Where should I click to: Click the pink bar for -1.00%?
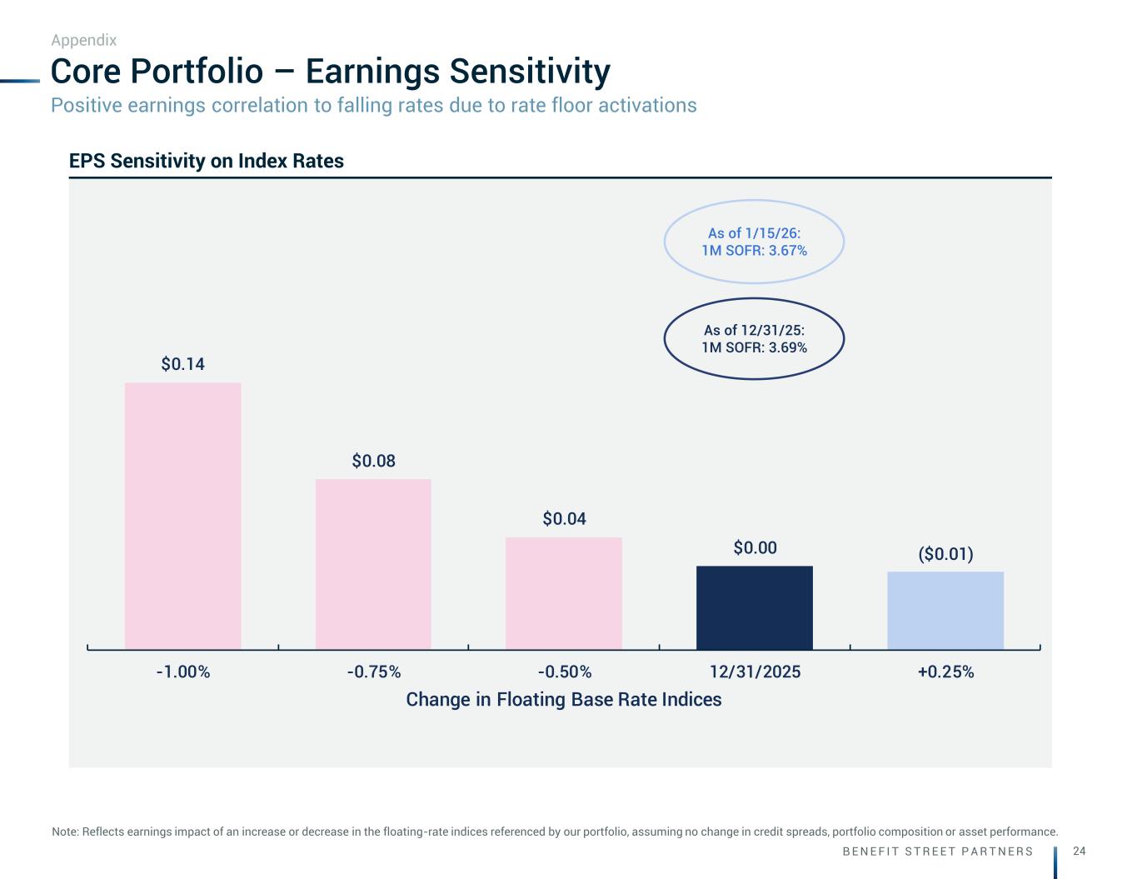coord(182,516)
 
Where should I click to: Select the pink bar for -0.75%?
coord(373,564)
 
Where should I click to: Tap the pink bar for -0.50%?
coord(564,593)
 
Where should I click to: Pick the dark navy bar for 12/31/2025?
coord(755,607)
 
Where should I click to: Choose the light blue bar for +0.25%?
coord(945,610)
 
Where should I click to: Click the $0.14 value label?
coord(182,364)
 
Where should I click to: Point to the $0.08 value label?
coord(373,461)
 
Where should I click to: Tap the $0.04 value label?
coord(564,519)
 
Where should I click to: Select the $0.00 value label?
coord(755,547)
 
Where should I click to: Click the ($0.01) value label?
coord(945,554)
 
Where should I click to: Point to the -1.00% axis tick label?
coord(182,672)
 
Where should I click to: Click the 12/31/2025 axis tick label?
coord(755,672)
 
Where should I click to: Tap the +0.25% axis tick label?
coord(945,672)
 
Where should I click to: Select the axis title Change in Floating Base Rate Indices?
coord(564,699)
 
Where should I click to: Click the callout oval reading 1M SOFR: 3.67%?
coord(754,242)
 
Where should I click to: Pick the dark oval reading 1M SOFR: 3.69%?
coord(754,339)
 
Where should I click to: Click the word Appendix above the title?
coord(83,40)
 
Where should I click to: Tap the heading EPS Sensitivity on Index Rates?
coord(207,161)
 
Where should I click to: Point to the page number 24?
coord(1080,851)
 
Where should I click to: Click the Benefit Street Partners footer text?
coord(938,852)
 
